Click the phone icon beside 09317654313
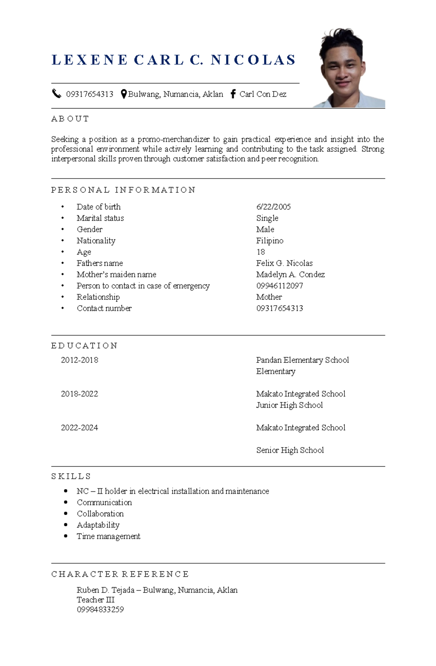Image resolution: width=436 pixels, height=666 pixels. pyautogui.click(x=56, y=94)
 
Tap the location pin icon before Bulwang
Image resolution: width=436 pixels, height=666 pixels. pyautogui.click(x=124, y=94)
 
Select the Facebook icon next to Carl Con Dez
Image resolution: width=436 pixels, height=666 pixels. pyautogui.click(x=233, y=94)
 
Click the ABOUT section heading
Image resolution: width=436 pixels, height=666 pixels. pyautogui.click(x=70, y=119)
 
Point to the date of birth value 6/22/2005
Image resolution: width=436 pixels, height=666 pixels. pyautogui.click(x=273, y=207)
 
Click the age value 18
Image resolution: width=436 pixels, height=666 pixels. pyautogui.click(x=261, y=252)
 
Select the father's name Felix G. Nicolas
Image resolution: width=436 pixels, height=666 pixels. pyautogui.click(x=284, y=263)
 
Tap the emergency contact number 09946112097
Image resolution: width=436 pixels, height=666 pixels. pyautogui.click(x=279, y=286)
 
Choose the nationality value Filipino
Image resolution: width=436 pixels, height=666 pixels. pyautogui.click(x=270, y=241)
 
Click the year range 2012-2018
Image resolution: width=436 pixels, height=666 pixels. pyautogui.click(x=80, y=360)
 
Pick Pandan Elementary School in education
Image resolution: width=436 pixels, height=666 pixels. pyautogui.click(x=302, y=360)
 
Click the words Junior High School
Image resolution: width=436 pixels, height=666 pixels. pyautogui.click(x=289, y=405)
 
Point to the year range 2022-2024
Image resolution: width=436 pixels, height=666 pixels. pyautogui.click(x=80, y=428)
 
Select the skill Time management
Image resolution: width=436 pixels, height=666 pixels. pyautogui.click(x=108, y=536)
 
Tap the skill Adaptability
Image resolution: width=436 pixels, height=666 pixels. pyautogui.click(x=98, y=525)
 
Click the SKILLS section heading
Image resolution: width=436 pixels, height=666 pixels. pyautogui.click(x=71, y=476)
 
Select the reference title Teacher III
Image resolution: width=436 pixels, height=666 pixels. pyautogui.click(x=96, y=600)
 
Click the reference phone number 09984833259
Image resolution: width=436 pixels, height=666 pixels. pyautogui.click(x=100, y=609)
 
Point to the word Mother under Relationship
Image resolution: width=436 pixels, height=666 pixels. pyautogui.click(x=269, y=297)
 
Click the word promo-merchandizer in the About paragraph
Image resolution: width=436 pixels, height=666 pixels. pyautogui.click(x=174, y=139)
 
